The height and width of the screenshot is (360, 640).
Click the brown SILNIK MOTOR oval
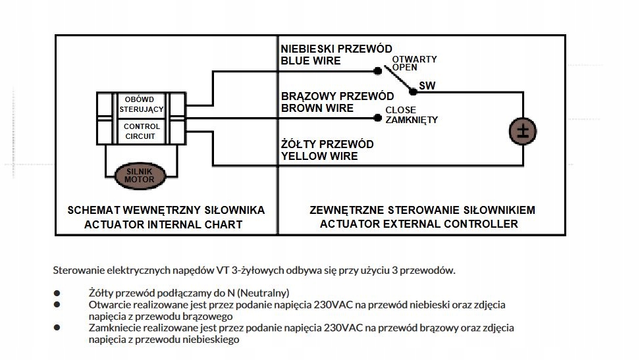140,176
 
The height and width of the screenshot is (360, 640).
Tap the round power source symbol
522,130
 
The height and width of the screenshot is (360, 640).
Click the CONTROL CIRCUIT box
142,131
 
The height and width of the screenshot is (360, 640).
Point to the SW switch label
427,86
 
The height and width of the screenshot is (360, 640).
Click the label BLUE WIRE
311,61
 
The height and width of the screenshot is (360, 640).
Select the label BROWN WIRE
317,108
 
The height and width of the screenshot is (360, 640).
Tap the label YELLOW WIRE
319,156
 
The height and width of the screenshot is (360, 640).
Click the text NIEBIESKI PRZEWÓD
336,49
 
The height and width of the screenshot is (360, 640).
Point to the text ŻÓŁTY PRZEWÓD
327,144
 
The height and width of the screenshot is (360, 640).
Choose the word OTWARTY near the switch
414,59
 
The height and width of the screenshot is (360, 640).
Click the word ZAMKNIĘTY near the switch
412,120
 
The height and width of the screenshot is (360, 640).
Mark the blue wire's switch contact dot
377,70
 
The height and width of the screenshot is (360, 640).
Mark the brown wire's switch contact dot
377,118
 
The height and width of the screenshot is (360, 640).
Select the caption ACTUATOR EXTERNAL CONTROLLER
419,224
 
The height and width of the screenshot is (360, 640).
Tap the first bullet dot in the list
57,293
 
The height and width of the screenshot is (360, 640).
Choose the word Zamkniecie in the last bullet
115,327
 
